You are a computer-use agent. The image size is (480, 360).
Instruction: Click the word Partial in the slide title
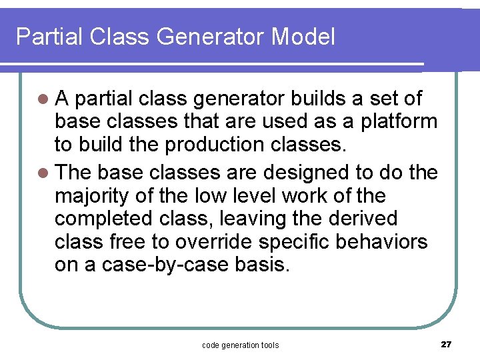[41, 36]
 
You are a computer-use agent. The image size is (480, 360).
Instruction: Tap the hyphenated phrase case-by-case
[165, 265]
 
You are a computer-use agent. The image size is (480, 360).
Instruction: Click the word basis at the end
[263, 265]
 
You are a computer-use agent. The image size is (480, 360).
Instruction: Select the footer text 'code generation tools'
[240, 345]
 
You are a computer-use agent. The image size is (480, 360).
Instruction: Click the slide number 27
[446, 344]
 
